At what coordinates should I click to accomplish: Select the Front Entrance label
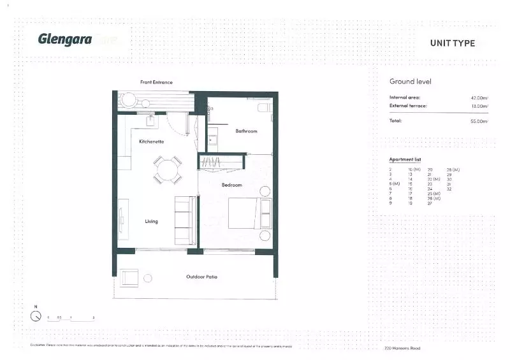(156, 82)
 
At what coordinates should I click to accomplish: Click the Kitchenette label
(152, 141)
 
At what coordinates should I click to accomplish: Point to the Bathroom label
(246, 131)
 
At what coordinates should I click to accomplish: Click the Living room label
(151, 221)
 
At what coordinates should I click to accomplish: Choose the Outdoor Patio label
(202, 277)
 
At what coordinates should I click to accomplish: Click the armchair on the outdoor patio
(129, 277)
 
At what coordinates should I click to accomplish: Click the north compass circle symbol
(36, 316)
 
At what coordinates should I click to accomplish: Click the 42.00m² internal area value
(479, 97)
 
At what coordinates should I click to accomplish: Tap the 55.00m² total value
(479, 121)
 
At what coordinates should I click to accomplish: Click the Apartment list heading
(405, 159)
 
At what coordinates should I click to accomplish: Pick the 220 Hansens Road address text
(403, 348)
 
